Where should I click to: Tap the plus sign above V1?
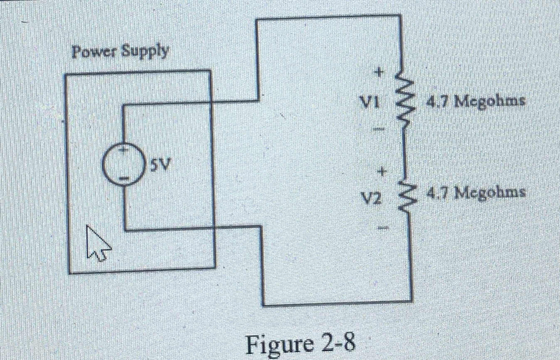[x=378, y=72]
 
